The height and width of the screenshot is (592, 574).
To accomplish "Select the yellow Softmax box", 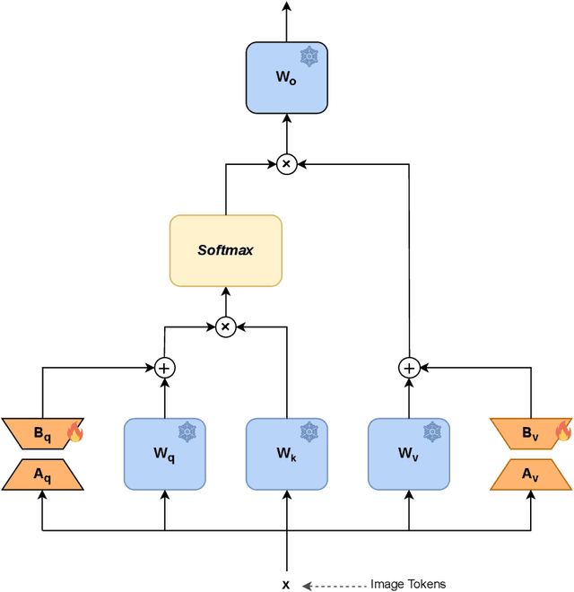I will [x=225, y=249].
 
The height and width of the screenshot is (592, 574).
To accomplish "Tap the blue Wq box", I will [x=164, y=453].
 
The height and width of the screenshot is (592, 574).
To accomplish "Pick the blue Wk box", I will [x=286, y=453].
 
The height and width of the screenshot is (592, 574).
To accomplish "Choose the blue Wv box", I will [x=409, y=453].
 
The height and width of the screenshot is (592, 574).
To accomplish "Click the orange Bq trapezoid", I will [x=42, y=433].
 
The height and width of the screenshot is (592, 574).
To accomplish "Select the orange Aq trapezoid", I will [x=42, y=474].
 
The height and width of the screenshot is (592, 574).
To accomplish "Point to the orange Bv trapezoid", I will [x=530, y=433].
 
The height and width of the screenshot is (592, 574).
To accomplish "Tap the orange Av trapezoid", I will [x=530, y=474].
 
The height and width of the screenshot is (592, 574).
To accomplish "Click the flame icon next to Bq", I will [x=75, y=434].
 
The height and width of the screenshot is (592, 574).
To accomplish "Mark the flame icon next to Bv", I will [x=563, y=432].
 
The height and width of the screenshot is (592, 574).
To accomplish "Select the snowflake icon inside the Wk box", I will [x=309, y=431].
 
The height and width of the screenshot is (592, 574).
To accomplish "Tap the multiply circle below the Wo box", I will [x=286, y=163].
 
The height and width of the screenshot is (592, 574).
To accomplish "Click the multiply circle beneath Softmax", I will [x=225, y=327].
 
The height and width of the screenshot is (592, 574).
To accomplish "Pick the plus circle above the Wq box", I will [x=164, y=368].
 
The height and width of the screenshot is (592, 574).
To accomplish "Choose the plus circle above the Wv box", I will [x=409, y=368].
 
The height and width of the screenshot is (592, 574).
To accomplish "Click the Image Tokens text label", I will [x=408, y=584].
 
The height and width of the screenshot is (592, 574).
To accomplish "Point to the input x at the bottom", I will [x=286, y=584].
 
